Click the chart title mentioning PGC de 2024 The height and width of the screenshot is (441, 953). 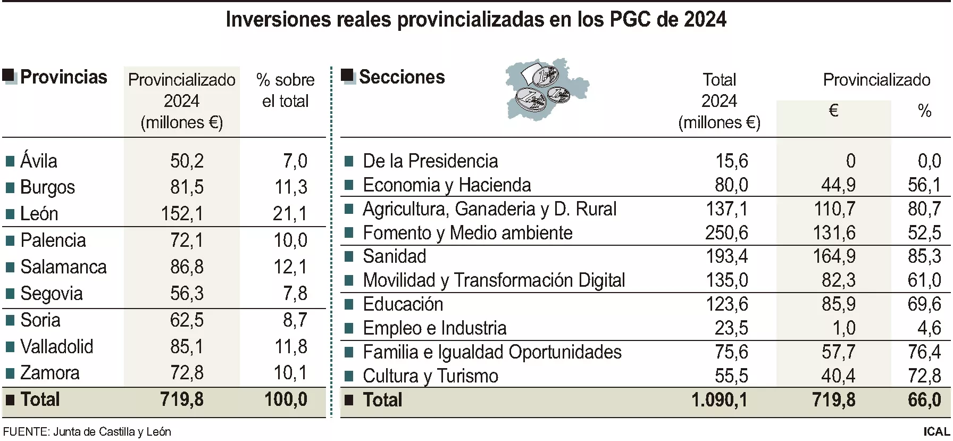coord(476,20)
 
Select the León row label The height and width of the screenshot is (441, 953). coord(39,214)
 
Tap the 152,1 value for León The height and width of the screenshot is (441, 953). coord(182,214)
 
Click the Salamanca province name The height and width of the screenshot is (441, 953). coord(63,267)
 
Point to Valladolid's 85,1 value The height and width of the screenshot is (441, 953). coord(187,347)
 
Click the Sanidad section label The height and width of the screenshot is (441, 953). coord(394,256)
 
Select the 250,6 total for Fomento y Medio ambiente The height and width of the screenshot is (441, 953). coord(726,232)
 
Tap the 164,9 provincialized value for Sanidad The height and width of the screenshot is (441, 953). coord(834,256)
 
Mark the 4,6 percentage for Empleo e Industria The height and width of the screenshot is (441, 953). coord(929,328)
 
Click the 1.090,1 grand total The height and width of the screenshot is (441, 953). coord(719,400)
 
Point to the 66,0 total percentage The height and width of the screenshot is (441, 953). coord(924,400)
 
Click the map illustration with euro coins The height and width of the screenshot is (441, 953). coord(546,89)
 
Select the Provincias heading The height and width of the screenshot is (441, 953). coord(63,77)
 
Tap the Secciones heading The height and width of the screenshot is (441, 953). coord(402,77)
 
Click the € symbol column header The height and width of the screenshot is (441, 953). coord(833,111)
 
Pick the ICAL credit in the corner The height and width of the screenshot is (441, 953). coord(936,432)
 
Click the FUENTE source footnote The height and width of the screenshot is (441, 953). coord(87,432)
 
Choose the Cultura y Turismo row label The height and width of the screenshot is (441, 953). coord(430,376)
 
